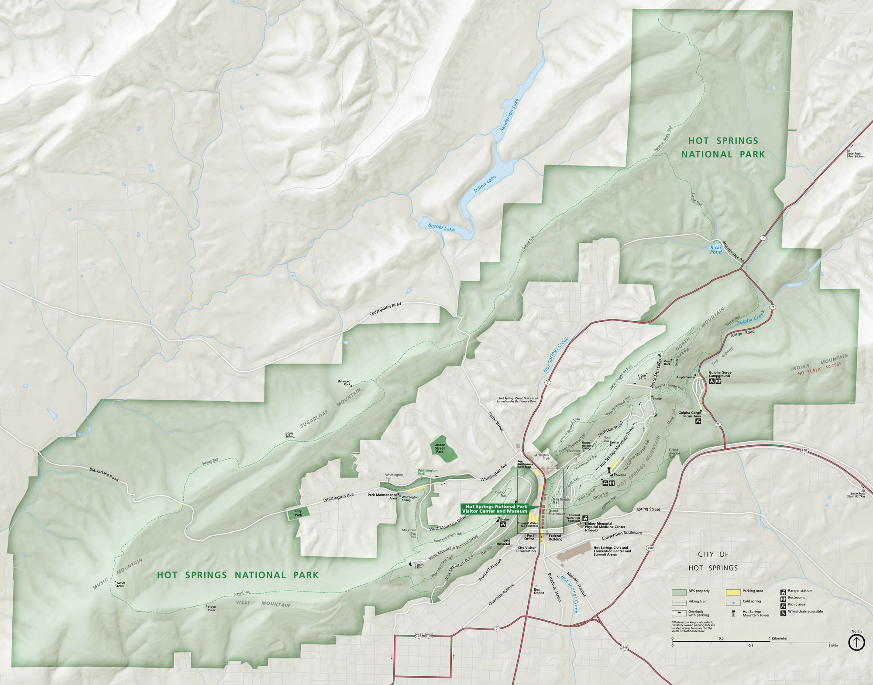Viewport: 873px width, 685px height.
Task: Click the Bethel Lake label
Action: (x=441, y=227)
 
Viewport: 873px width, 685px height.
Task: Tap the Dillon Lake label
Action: (x=485, y=184)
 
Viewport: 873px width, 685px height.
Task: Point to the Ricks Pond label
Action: (x=716, y=250)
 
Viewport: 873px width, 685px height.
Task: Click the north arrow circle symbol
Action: (x=856, y=642)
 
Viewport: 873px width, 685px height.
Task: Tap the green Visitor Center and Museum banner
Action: (x=495, y=509)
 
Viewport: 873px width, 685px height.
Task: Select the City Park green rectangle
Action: (x=298, y=513)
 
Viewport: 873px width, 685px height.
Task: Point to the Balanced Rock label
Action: (x=344, y=383)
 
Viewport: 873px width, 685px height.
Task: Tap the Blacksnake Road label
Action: (x=104, y=475)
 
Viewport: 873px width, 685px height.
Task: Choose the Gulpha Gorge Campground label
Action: (x=720, y=374)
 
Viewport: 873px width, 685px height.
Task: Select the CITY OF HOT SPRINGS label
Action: (x=713, y=561)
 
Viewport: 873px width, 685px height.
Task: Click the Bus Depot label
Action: (x=539, y=591)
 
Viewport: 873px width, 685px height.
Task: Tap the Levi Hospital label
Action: (x=503, y=542)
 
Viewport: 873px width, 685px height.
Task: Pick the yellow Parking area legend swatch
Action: (x=733, y=592)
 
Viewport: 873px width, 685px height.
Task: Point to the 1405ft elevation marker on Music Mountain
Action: (x=120, y=584)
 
